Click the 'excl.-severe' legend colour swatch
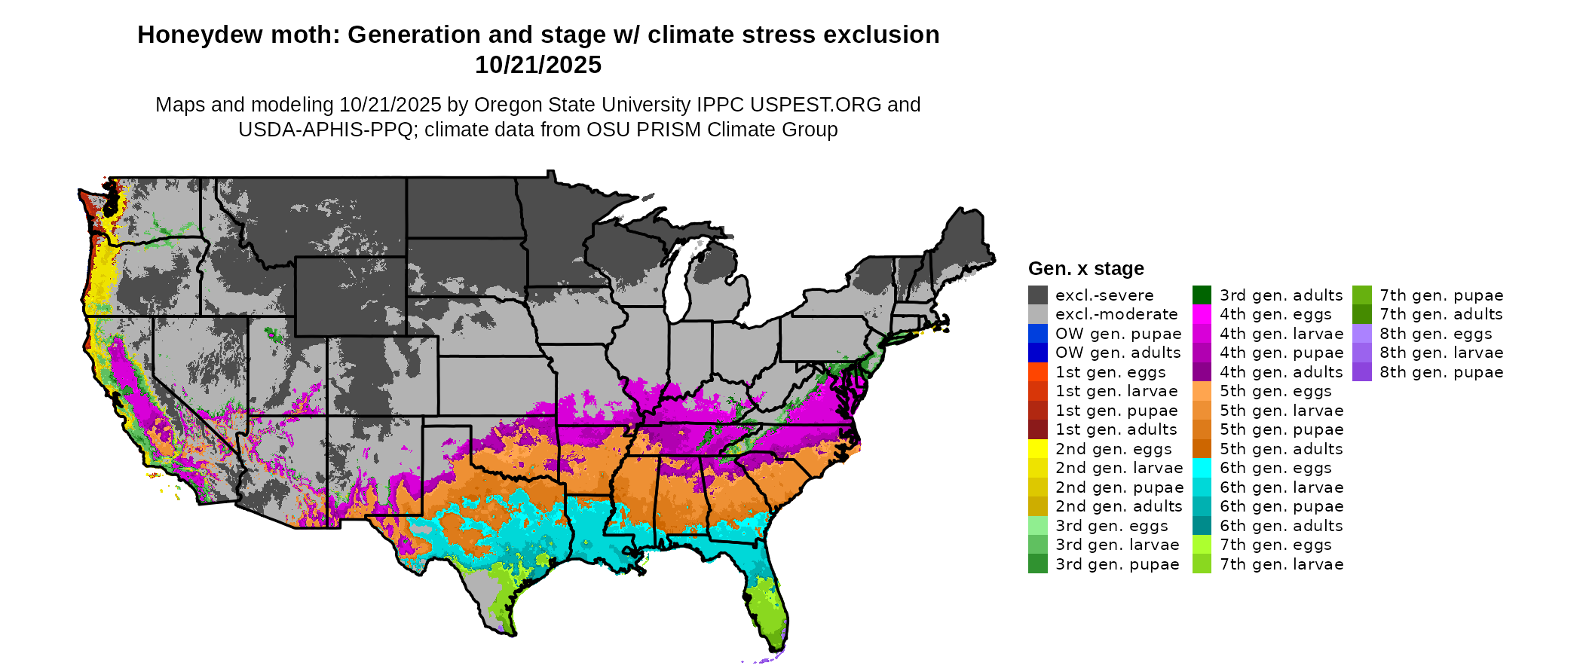pos(1037,295)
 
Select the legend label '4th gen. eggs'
pos(1275,314)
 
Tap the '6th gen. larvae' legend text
pos(1281,487)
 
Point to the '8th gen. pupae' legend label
pos(1441,372)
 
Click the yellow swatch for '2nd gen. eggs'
pos(1037,449)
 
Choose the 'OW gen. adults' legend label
pos(1118,353)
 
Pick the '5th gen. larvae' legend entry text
pos(1281,411)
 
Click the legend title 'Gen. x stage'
pos(1085,269)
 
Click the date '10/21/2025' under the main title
pos(537,66)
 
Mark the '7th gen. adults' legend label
pos(1441,314)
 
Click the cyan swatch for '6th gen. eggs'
pos(1202,468)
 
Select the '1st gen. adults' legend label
pos(1116,429)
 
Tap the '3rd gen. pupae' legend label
pos(1117,564)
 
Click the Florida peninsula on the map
pos(767,603)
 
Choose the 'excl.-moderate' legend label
pos(1116,314)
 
